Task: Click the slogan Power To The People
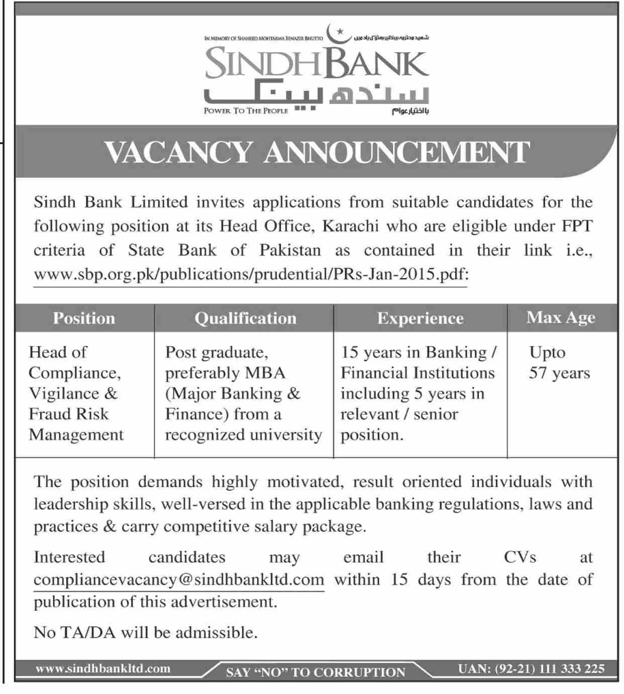pyautogui.click(x=246, y=110)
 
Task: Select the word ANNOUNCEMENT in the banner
pyautogui.click(x=397, y=152)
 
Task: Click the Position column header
pyautogui.click(x=84, y=318)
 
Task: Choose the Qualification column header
pyautogui.click(x=245, y=318)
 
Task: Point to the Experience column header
pyautogui.click(x=420, y=318)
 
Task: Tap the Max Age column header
pyautogui.click(x=561, y=318)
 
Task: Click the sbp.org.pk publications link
pyautogui.click(x=251, y=275)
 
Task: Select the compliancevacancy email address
pyautogui.click(x=179, y=580)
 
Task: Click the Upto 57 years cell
pyautogui.click(x=559, y=363)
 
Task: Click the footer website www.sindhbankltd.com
pyautogui.click(x=103, y=668)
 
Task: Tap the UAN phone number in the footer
pyautogui.click(x=531, y=668)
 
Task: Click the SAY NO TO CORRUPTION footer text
pyautogui.click(x=316, y=672)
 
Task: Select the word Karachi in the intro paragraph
pyautogui.click(x=350, y=226)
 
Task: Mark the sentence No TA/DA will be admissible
pyautogui.click(x=146, y=632)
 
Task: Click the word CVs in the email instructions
pyautogui.click(x=520, y=557)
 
